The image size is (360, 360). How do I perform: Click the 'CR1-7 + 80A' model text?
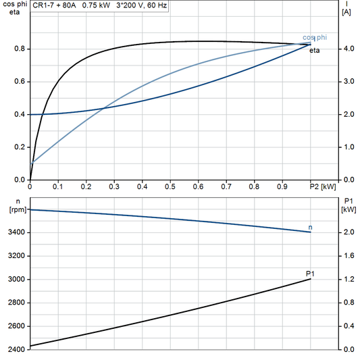[54, 5]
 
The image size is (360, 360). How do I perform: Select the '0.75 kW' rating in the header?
[96, 5]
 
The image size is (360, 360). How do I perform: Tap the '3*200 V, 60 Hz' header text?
[142, 5]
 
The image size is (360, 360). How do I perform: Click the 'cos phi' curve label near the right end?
[314, 37]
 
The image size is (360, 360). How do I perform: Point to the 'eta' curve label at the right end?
[315, 50]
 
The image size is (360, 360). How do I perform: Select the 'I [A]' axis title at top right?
[346, 9]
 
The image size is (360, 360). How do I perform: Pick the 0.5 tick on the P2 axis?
[170, 186]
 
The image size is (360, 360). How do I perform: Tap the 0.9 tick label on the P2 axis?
[282, 186]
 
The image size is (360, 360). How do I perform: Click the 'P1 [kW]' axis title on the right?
[349, 206]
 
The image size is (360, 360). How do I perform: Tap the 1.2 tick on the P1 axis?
[347, 280]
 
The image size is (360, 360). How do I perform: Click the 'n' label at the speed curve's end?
[310, 227]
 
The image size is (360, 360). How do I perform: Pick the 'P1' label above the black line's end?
[310, 273]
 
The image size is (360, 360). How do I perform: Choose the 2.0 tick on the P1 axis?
[347, 233]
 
